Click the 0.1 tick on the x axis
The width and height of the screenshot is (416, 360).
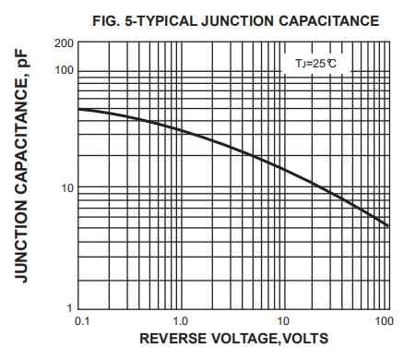81,320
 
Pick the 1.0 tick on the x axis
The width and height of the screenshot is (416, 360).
181,320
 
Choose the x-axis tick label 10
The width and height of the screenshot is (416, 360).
285,320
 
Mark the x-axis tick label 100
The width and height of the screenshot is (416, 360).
384,320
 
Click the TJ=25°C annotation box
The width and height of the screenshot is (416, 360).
315,65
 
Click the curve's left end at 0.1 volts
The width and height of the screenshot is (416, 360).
78,110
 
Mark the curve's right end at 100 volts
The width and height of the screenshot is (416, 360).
388,226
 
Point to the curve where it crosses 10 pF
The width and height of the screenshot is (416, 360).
324,189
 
